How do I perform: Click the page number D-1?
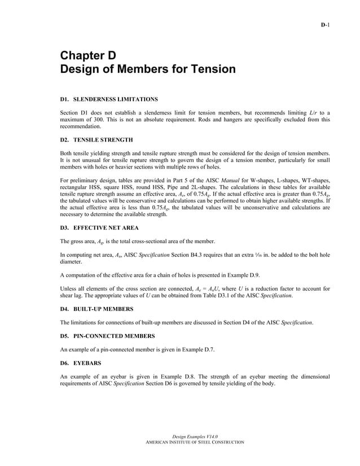(325, 25)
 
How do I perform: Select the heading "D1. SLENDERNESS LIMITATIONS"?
(105, 99)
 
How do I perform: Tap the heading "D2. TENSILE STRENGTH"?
(96, 139)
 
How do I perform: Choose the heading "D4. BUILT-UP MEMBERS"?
(96, 309)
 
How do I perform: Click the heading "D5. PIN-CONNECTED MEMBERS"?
(107, 336)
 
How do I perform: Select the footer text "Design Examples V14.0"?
(195, 437)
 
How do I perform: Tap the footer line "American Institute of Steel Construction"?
(195, 442)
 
